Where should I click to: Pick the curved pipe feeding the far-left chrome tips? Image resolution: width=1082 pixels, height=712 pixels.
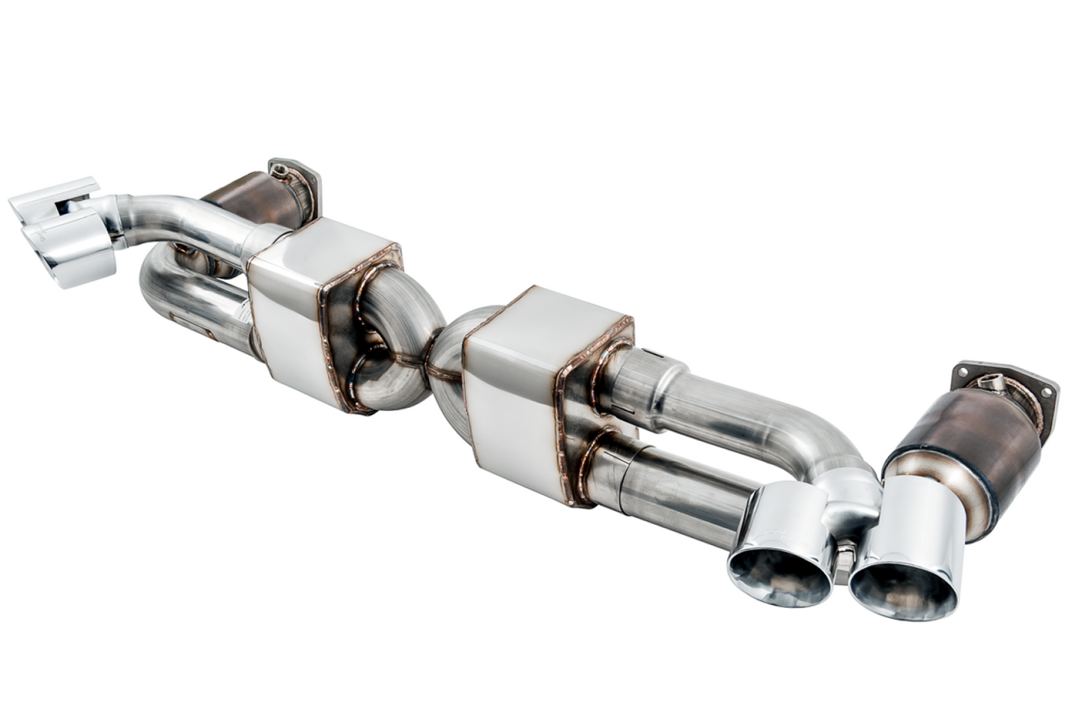click(180, 217)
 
